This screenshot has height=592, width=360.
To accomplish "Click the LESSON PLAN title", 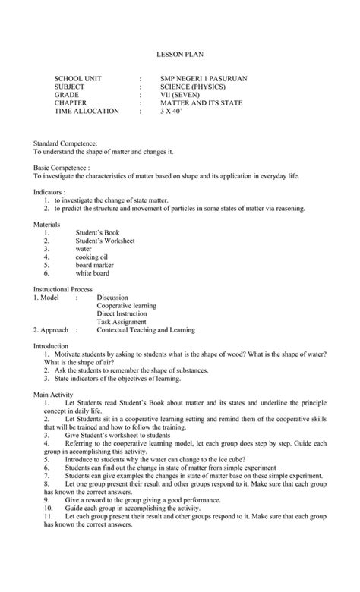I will pos(180,55).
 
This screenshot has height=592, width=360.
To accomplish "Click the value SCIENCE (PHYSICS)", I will pos(191,87).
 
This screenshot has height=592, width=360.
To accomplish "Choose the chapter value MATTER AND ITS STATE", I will pos(201,103).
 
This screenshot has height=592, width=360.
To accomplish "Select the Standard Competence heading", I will pos(65,143).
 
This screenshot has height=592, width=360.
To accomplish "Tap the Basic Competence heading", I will pos(62,167).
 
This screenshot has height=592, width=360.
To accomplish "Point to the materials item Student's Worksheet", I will pos(105,241).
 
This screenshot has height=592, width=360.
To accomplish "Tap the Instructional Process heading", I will pos(63,290).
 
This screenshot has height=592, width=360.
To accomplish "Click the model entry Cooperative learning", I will pos(126,306).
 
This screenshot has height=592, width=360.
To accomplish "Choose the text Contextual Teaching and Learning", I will pos(146,330).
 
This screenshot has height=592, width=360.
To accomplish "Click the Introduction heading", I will pos(51,346).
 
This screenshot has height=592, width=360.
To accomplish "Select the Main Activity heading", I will pos(53,395).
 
